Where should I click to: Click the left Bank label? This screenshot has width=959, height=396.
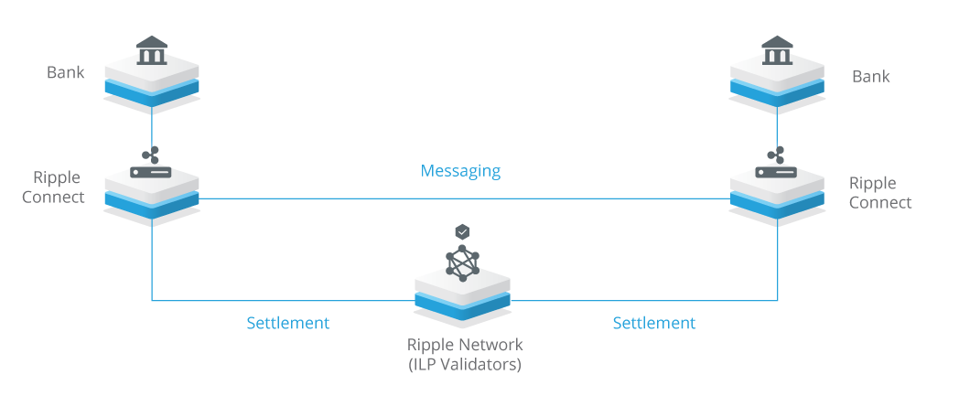pyautogui.click(x=66, y=72)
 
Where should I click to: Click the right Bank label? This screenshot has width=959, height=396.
pyautogui.click(x=870, y=77)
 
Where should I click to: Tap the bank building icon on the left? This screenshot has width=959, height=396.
pyautogui.click(x=151, y=51)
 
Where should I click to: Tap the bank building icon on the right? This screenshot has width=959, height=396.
pyautogui.click(x=777, y=51)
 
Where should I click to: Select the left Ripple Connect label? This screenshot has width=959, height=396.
pyautogui.click(x=59, y=187)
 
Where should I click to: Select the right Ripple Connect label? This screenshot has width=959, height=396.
pyautogui.click(x=879, y=193)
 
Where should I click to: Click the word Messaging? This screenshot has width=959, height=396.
pyautogui.click(x=460, y=171)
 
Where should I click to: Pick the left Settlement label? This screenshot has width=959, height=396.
pyautogui.click(x=287, y=323)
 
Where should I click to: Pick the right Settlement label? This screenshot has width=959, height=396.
pyautogui.click(x=653, y=323)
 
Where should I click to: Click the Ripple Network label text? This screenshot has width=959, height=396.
pyautogui.click(x=465, y=345)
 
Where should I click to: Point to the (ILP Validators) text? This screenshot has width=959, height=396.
pyautogui.click(x=465, y=363)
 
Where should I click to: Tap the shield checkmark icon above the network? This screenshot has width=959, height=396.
pyautogui.click(x=463, y=232)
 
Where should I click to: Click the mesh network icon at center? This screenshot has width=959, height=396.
pyautogui.click(x=462, y=262)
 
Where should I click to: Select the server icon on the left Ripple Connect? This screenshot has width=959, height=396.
pyautogui.click(x=151, y=171)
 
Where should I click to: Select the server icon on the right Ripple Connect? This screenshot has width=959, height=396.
pyautogui.click(x=777, y=171)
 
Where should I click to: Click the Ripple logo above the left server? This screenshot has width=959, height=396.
pyautogui.click(x=150, y=153)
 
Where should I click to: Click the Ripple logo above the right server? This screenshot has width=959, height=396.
pyautogui.click(x=777, y=153)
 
